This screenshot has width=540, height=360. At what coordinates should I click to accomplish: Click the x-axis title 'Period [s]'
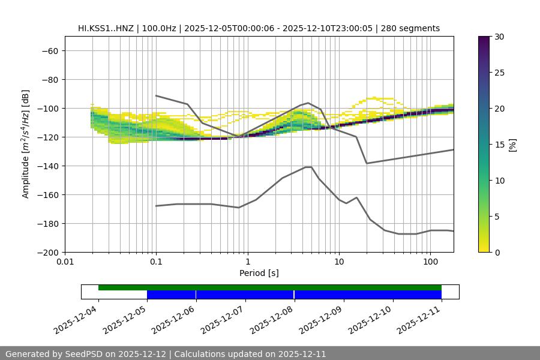pyautogui.click(x=259, y=274)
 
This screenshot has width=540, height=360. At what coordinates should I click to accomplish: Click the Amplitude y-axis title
pyautogui.click(x=26, y=144)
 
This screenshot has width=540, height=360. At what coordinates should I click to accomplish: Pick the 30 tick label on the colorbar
pyautogui.click(x=499, y=37)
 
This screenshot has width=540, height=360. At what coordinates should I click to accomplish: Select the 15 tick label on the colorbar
pyautogui.click(x=499, y=145)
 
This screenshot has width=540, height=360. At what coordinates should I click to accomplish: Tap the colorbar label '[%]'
pyautogui.click(x=512, y=145)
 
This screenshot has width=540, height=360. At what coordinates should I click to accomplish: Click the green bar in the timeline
pyautogui.click(x=270, y=287)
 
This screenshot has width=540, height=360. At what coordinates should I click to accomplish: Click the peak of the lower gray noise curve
pyautogui.click(x=308, y=167)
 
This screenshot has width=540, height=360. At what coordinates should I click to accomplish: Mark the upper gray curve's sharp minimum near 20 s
pyautogui.click(x=367, y=163)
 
